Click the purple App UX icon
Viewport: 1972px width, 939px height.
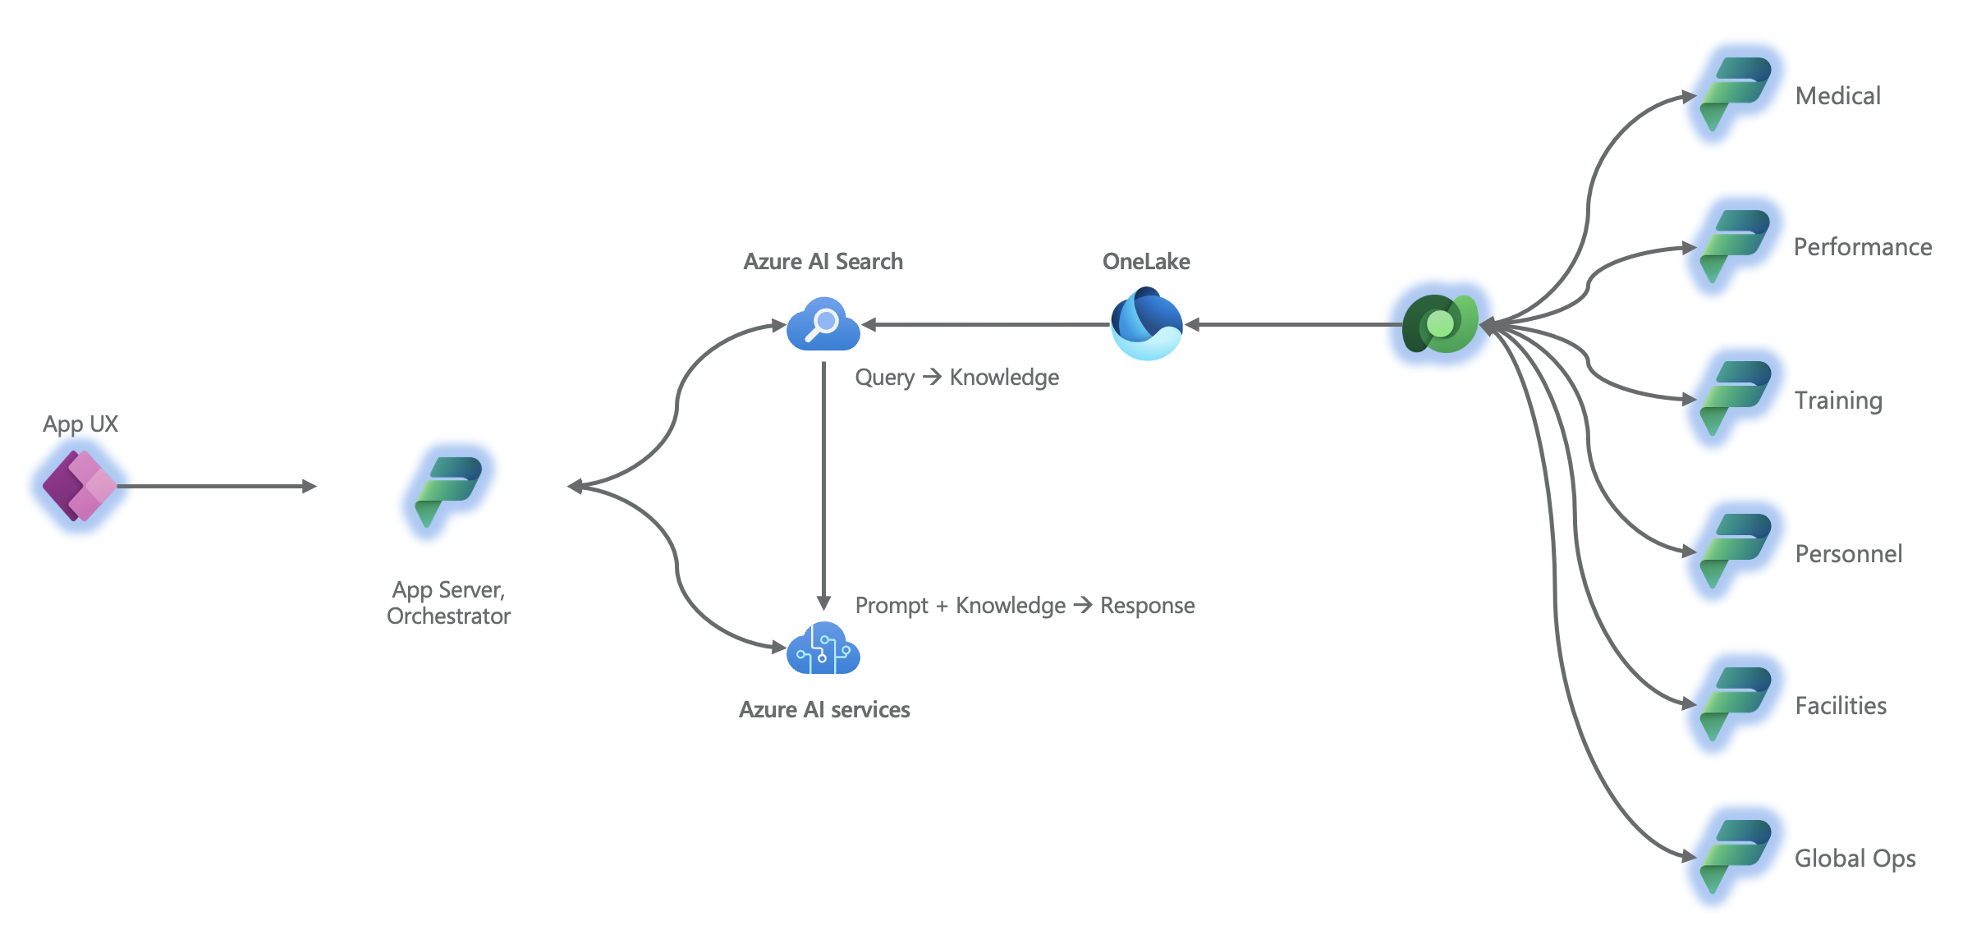[80, 486]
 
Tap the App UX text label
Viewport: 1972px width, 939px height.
[80, 424]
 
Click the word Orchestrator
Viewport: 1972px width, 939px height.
[448, 616]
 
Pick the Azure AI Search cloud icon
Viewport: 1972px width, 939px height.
[823, 324]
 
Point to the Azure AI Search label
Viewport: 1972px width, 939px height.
[823, 261]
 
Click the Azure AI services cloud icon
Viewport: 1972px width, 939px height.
[823, 649]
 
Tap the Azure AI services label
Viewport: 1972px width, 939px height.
[824, 709]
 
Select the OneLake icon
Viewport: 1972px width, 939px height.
[1146, 323]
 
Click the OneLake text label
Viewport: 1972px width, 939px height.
[1146, 261]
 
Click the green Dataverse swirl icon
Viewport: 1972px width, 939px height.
[1440, 324]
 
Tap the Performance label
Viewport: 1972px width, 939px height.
[1862, 247]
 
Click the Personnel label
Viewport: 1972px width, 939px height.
[1848, 554]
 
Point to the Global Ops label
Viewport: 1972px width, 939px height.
[1855, 859]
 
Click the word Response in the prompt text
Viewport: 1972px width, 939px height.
[1147, 606]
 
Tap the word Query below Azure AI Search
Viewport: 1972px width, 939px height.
[884, 378]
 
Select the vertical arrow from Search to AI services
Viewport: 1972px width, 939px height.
[823, 484]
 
